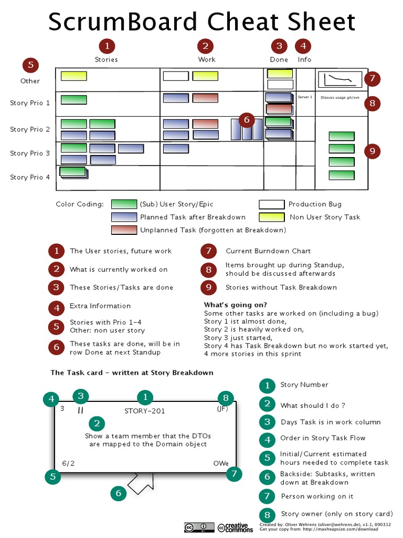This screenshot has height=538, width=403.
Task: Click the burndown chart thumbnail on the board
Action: [x=340, y=79]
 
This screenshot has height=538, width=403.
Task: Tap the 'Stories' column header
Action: [x=106, y=59]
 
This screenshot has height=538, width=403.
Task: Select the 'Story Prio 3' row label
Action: [x=30, y=153]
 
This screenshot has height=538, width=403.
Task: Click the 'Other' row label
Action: [x=30, y=81]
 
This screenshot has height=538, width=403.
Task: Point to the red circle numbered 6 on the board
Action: [x=246, y=120]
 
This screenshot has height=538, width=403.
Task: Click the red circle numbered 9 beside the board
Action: [x=372, y=151]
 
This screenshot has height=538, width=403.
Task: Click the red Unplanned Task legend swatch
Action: [x=124, y=230]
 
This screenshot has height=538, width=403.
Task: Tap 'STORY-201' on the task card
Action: [x=144, y=411]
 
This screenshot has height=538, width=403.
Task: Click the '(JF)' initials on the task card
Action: [x=222, y=408]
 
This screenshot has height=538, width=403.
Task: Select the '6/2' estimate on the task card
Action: [x=68, y=463]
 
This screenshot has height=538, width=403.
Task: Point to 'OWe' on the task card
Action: [x=221, y=463]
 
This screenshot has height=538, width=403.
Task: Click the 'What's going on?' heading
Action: [x=235, y=305]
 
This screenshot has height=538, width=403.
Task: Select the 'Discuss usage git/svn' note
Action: [x=340, y=97]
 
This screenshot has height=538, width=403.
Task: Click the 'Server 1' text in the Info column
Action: [x=305, y=97]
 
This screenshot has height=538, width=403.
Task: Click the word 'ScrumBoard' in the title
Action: [x=124, y=23]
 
